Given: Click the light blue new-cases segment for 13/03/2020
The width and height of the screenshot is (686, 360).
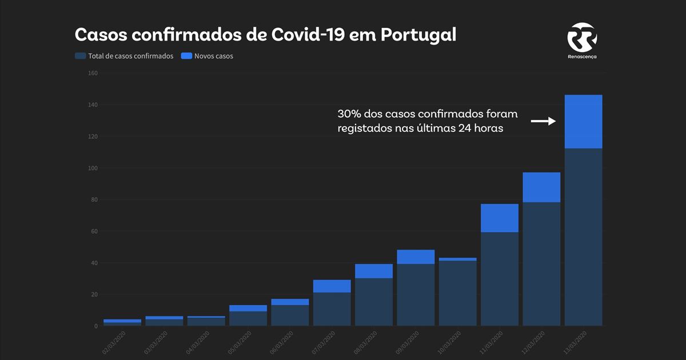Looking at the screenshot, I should click(x=583, y=122).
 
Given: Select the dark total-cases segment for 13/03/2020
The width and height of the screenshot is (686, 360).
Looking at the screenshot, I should click(x=583, y=237).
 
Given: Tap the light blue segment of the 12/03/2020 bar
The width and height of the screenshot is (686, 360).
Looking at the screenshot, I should click(x=541, y=187).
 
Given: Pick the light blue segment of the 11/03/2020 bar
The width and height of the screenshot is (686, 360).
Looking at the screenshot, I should click(x=500, y=218).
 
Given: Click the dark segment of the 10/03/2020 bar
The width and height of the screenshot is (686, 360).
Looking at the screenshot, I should click(x=457, y=293).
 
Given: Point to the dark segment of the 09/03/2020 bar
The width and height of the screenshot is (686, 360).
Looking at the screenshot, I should click(x=416, y=295).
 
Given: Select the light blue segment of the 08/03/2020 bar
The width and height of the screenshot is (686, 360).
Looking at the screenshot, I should click(x=374, y=271).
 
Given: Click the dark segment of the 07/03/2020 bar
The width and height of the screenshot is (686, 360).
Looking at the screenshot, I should click(x=332, y=309).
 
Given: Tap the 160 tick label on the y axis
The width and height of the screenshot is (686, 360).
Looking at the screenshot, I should click(x=93, y=73).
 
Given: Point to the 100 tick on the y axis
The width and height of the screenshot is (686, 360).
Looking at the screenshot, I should click(x=93, y=168).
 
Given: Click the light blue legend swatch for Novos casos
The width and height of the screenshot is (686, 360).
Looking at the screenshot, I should click(x=186, y=56).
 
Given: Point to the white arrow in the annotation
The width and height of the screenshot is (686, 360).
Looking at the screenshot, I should click(x=543, y=121).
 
